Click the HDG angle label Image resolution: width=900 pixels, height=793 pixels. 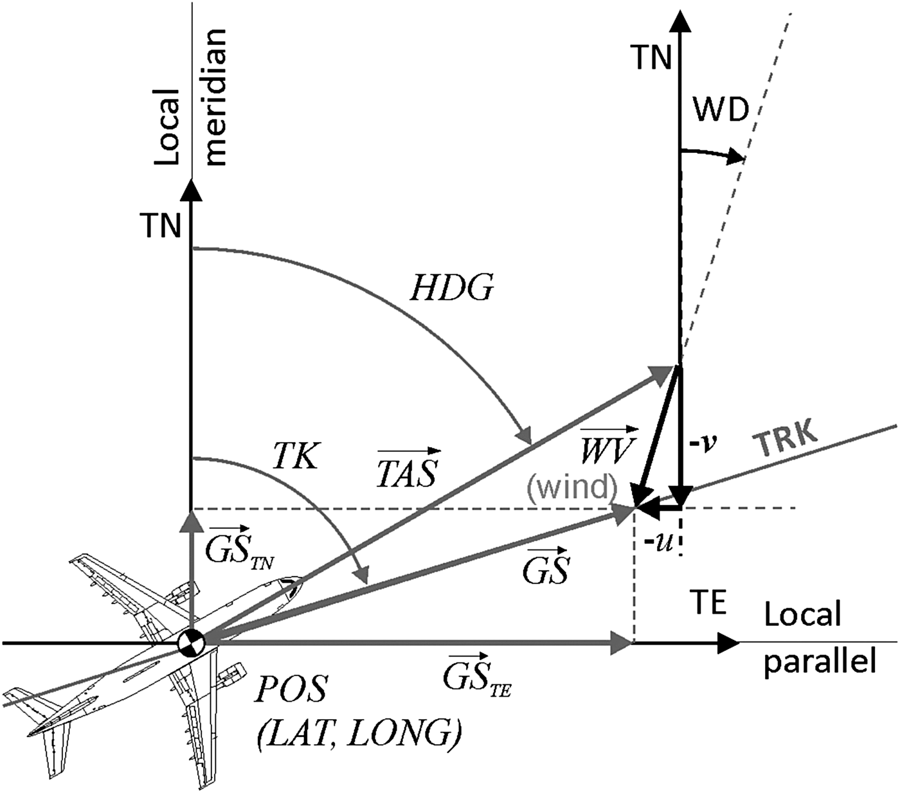coord(452,290)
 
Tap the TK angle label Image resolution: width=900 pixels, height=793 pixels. coord(295,457)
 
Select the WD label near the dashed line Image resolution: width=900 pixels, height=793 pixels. coord(721,111)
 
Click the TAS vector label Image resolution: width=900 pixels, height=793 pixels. coord(408,467)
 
